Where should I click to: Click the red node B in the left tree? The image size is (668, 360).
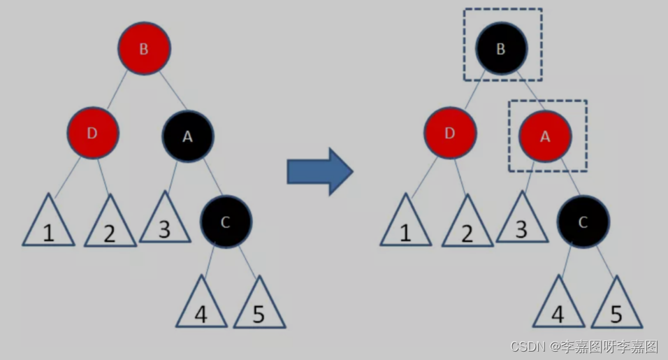[144, 49]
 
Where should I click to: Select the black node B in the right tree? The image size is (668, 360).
[501, 48]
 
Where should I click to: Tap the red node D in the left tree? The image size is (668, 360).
[93, 133]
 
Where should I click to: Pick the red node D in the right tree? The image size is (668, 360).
[450, 134]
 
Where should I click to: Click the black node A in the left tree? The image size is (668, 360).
[187, 136]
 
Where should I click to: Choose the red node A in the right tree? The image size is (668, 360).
[545, 136]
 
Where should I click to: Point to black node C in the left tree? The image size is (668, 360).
[225, 222]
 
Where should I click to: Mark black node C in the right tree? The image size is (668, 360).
[583, 222]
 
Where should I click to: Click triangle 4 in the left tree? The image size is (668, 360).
[201, 307]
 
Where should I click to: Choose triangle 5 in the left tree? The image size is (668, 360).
[259, 308]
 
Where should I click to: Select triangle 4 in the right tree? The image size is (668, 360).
[558, 307]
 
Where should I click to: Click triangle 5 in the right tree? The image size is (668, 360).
[616, 308]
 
